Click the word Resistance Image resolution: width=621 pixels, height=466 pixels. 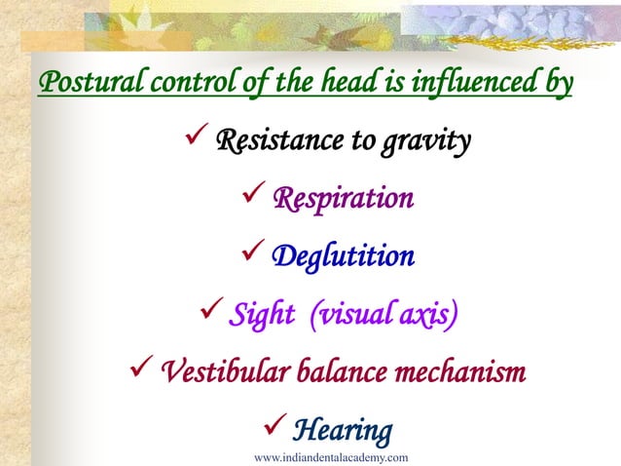coord(280,142)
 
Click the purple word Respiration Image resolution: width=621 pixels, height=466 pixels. coord(343,200)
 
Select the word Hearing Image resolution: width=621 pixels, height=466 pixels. coord(343,429)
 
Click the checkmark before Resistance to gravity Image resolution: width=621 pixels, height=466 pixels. coord(194,142)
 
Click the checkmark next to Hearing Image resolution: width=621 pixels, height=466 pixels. coord(274,428)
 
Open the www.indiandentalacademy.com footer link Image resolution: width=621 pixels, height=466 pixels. coord(330,457)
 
